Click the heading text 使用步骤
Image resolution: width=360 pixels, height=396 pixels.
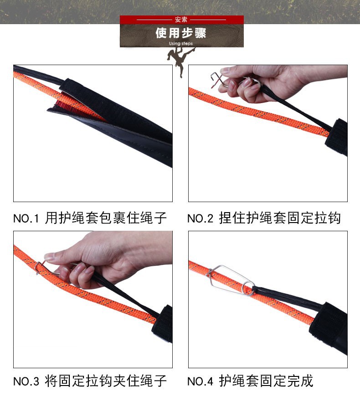(181, 33)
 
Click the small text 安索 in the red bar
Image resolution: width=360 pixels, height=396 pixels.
(181, 20)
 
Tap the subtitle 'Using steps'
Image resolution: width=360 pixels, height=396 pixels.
(181, 44)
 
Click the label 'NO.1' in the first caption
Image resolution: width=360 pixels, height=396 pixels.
(26, 218)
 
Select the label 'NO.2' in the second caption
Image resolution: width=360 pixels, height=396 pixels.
(200, 218)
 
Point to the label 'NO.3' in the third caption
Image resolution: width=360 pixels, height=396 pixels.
(26, 381)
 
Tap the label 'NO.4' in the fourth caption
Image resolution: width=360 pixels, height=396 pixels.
(200, 381)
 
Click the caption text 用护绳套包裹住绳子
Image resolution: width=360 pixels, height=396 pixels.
(106, 218)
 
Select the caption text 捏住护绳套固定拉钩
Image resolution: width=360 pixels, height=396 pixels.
(280, 218)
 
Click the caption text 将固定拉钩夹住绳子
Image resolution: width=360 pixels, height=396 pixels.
(106, 381)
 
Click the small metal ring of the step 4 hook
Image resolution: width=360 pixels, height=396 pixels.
(248, 288)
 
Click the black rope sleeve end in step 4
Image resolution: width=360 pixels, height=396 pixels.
(328, 325)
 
